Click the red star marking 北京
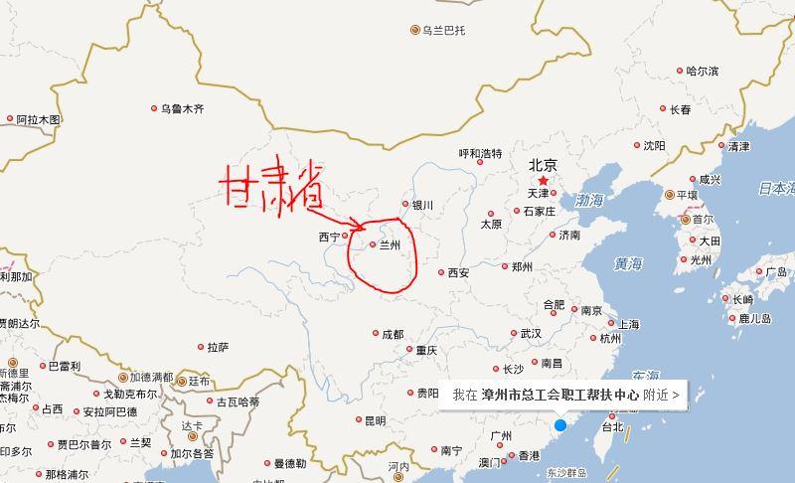[543, 182]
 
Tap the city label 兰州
[390, 243]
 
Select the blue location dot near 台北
[559, 425]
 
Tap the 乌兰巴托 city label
[443, 30]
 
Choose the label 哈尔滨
[703, 71]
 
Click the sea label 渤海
[589, 201]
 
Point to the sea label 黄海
[628, 263]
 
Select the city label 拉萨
[218, 347]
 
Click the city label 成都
[392, 334]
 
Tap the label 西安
[458, 272]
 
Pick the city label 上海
[629, 324]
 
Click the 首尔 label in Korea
[703, 219]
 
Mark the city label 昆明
[375, 420]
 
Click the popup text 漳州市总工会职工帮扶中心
[559, 395]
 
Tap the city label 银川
[422, 206]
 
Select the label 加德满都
[152, 378]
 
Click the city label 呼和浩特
[480, 153]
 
